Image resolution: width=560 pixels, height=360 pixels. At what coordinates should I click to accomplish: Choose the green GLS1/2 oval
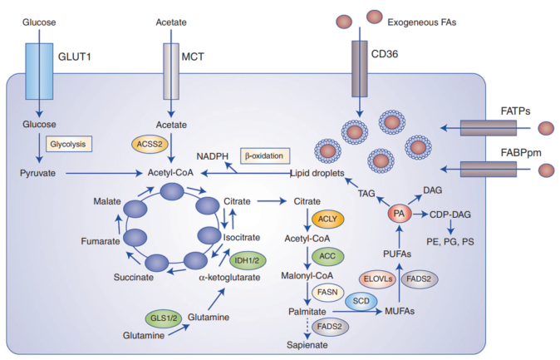[163, 318]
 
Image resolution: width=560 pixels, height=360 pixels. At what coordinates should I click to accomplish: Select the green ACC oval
[327, 255]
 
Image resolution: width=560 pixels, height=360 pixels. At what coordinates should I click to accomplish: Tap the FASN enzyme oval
[326, 292]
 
